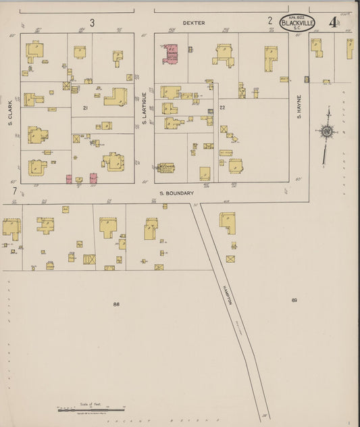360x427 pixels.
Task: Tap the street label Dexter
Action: pyautogui.click(x=193, y=23)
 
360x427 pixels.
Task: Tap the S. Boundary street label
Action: pyautogui.click(x=177, y=193)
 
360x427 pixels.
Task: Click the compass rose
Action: pyautogui.click(x=328, y=132)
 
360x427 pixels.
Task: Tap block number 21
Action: pyautogui.click(x=86, y=108)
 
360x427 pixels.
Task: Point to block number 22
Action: pyautogui.click(x=222, y=108)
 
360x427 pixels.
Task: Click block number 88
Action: pyautogui.click(x=116, y=305)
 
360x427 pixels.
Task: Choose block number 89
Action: pyautogui.click(x=294, y=300)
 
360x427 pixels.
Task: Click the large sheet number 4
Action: pyautogui.click(x=333, y=22)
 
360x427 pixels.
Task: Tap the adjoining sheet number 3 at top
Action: pyautogui.click(x=92, y=22)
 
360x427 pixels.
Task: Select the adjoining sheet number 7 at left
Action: pyautogui.click(x=14, y=191)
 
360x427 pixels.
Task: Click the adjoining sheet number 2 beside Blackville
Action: pyautogui.click(x=269, y=21)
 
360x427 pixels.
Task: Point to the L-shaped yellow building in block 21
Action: pyautogui.click(x=116, y=96)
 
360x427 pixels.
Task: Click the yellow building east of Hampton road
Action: pyautogui.click(x=228, y=222)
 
